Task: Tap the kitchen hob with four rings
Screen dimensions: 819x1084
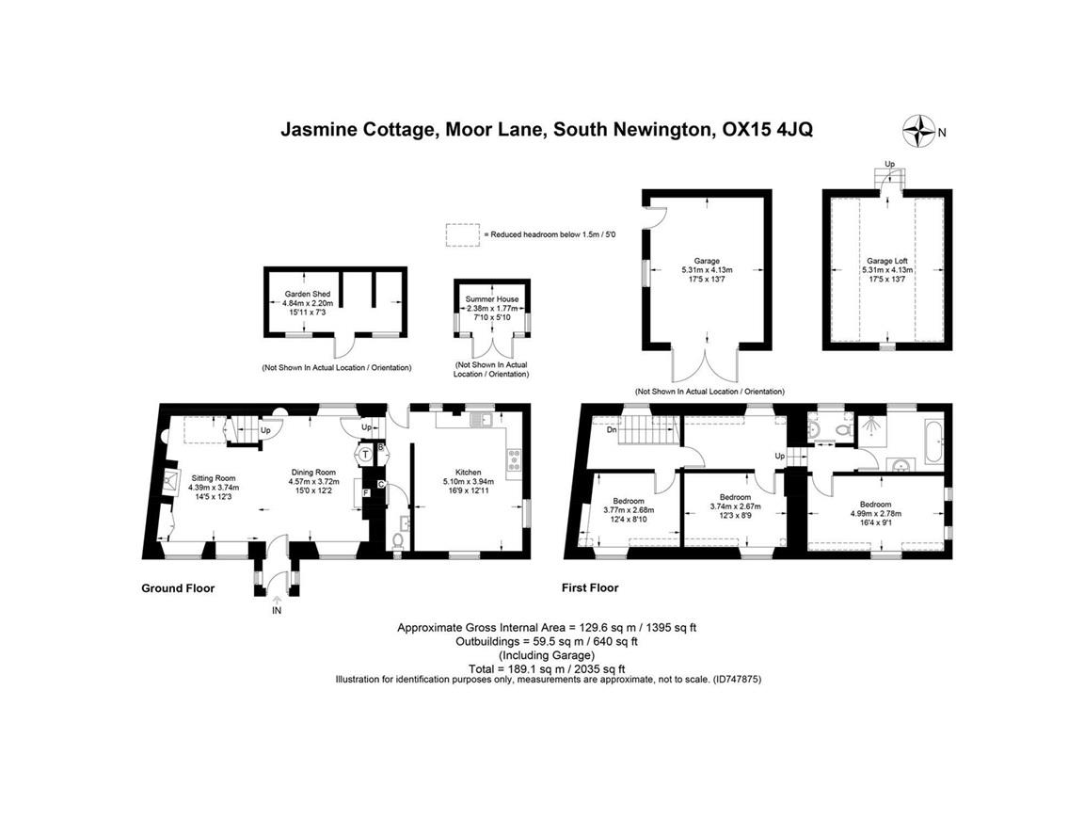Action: (x=515, y=459)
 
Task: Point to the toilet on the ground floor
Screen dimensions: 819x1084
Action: (x=399, y=541)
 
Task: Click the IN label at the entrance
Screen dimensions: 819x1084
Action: (x=277, y=611)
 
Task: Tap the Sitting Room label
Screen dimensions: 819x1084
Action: (x=214, y=478)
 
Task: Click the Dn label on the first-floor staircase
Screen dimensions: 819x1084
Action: (x=613, y=430)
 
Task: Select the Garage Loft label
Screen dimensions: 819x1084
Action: (x=886, y=261)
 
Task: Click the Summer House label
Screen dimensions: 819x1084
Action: (x=491, y=299)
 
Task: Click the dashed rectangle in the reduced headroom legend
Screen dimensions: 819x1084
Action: (x=462, y=234)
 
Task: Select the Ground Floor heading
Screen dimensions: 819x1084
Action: (x=178, y=588)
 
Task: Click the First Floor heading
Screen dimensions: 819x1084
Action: (x=590, y=588)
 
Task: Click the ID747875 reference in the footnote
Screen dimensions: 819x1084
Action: (x=737, y=678)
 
